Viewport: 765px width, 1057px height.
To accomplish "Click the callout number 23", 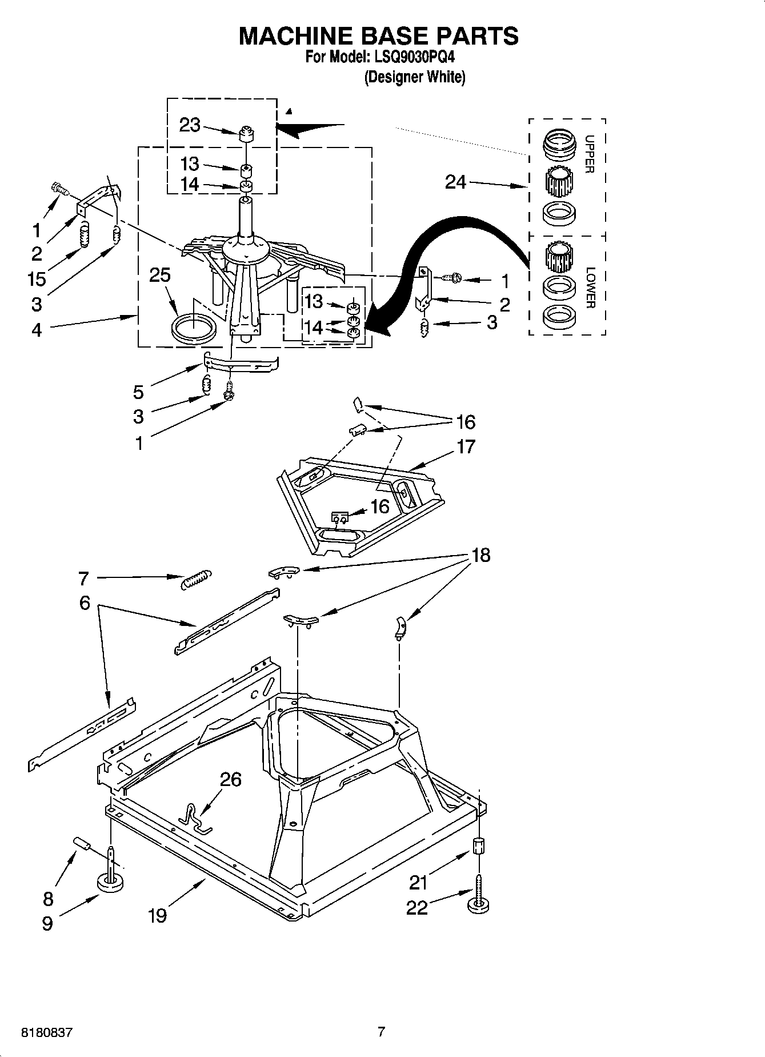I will [x=190, y=125].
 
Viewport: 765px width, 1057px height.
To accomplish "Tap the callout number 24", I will [x=455, y=182].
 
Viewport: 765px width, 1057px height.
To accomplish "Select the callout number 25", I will [x=160, y=275].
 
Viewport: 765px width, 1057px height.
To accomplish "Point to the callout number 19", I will [x=157, y=916].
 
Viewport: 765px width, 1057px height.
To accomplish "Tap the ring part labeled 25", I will [x=194, y=330].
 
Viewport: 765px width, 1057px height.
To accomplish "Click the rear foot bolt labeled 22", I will [x=479, y=898].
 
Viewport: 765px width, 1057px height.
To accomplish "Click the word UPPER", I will [x=590, y=154].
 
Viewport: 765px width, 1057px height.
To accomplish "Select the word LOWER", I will [x=590, y=288].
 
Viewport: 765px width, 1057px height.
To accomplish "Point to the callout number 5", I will [x=138, y=392].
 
